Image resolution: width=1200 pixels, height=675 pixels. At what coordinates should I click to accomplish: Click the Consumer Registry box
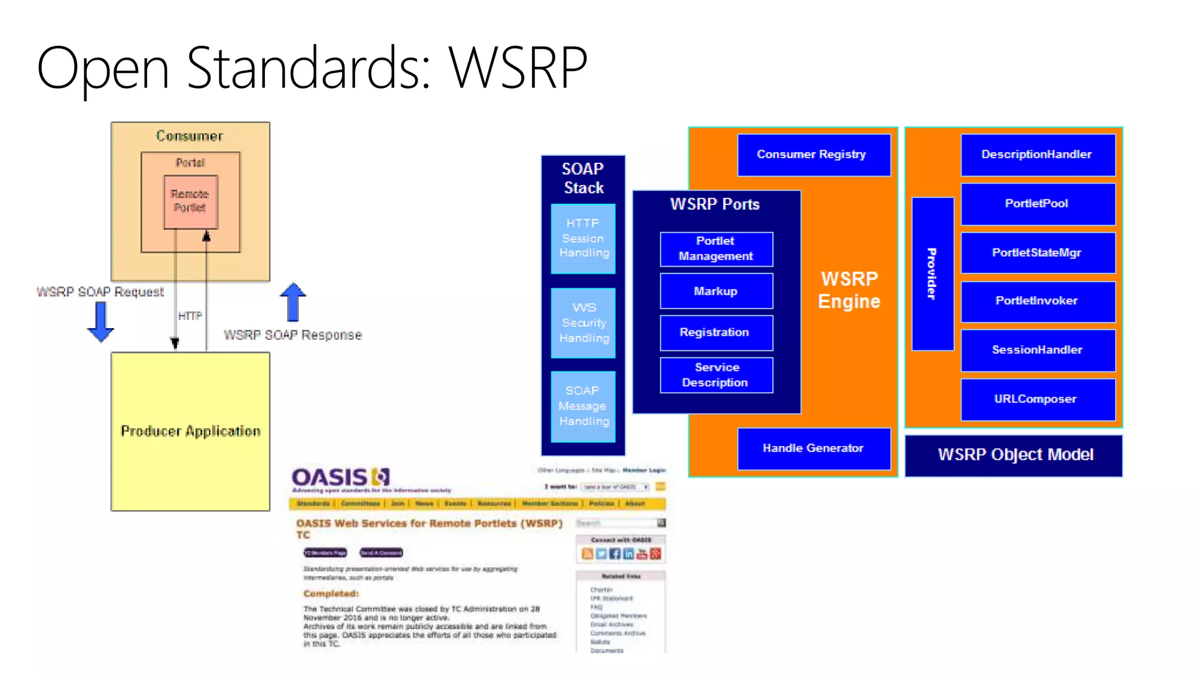click(813, 155)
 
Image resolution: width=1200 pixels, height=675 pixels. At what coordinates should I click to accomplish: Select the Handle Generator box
click(813, 448)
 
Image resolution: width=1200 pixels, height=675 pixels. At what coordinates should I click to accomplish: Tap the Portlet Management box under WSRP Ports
click(716, 249)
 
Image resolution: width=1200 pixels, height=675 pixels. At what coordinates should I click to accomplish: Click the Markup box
click(716, 291)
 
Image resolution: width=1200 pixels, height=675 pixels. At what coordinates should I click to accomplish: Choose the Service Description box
click(716, 375)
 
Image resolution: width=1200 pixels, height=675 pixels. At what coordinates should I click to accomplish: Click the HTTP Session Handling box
click(583, 238)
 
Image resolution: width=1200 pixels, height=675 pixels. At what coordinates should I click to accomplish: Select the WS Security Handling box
click(583, 323)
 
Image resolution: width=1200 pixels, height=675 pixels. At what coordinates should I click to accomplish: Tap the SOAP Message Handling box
click(583, 406)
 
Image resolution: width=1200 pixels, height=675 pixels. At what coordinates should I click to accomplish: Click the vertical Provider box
click(932, 274)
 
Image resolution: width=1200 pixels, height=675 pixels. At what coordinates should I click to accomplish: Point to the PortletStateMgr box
click(1037, 253)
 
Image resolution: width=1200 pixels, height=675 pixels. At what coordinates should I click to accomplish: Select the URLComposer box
click(1037, 399)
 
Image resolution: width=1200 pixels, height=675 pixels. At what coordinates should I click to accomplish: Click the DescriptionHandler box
click(1037, 155)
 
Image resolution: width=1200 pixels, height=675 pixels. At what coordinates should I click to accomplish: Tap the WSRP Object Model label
click(1014, 455)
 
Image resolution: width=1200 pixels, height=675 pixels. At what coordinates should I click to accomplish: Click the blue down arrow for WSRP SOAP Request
click(100, 323)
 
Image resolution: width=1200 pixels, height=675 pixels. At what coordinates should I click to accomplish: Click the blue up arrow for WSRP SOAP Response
click(293, 302)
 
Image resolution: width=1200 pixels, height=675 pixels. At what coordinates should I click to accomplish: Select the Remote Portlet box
click(190, 202)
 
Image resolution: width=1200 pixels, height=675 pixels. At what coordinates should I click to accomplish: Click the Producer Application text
click(190, 431)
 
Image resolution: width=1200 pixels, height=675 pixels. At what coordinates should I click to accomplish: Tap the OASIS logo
click(340, 478)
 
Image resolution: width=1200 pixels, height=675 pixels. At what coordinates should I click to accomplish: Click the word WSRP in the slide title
click(518, 69)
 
